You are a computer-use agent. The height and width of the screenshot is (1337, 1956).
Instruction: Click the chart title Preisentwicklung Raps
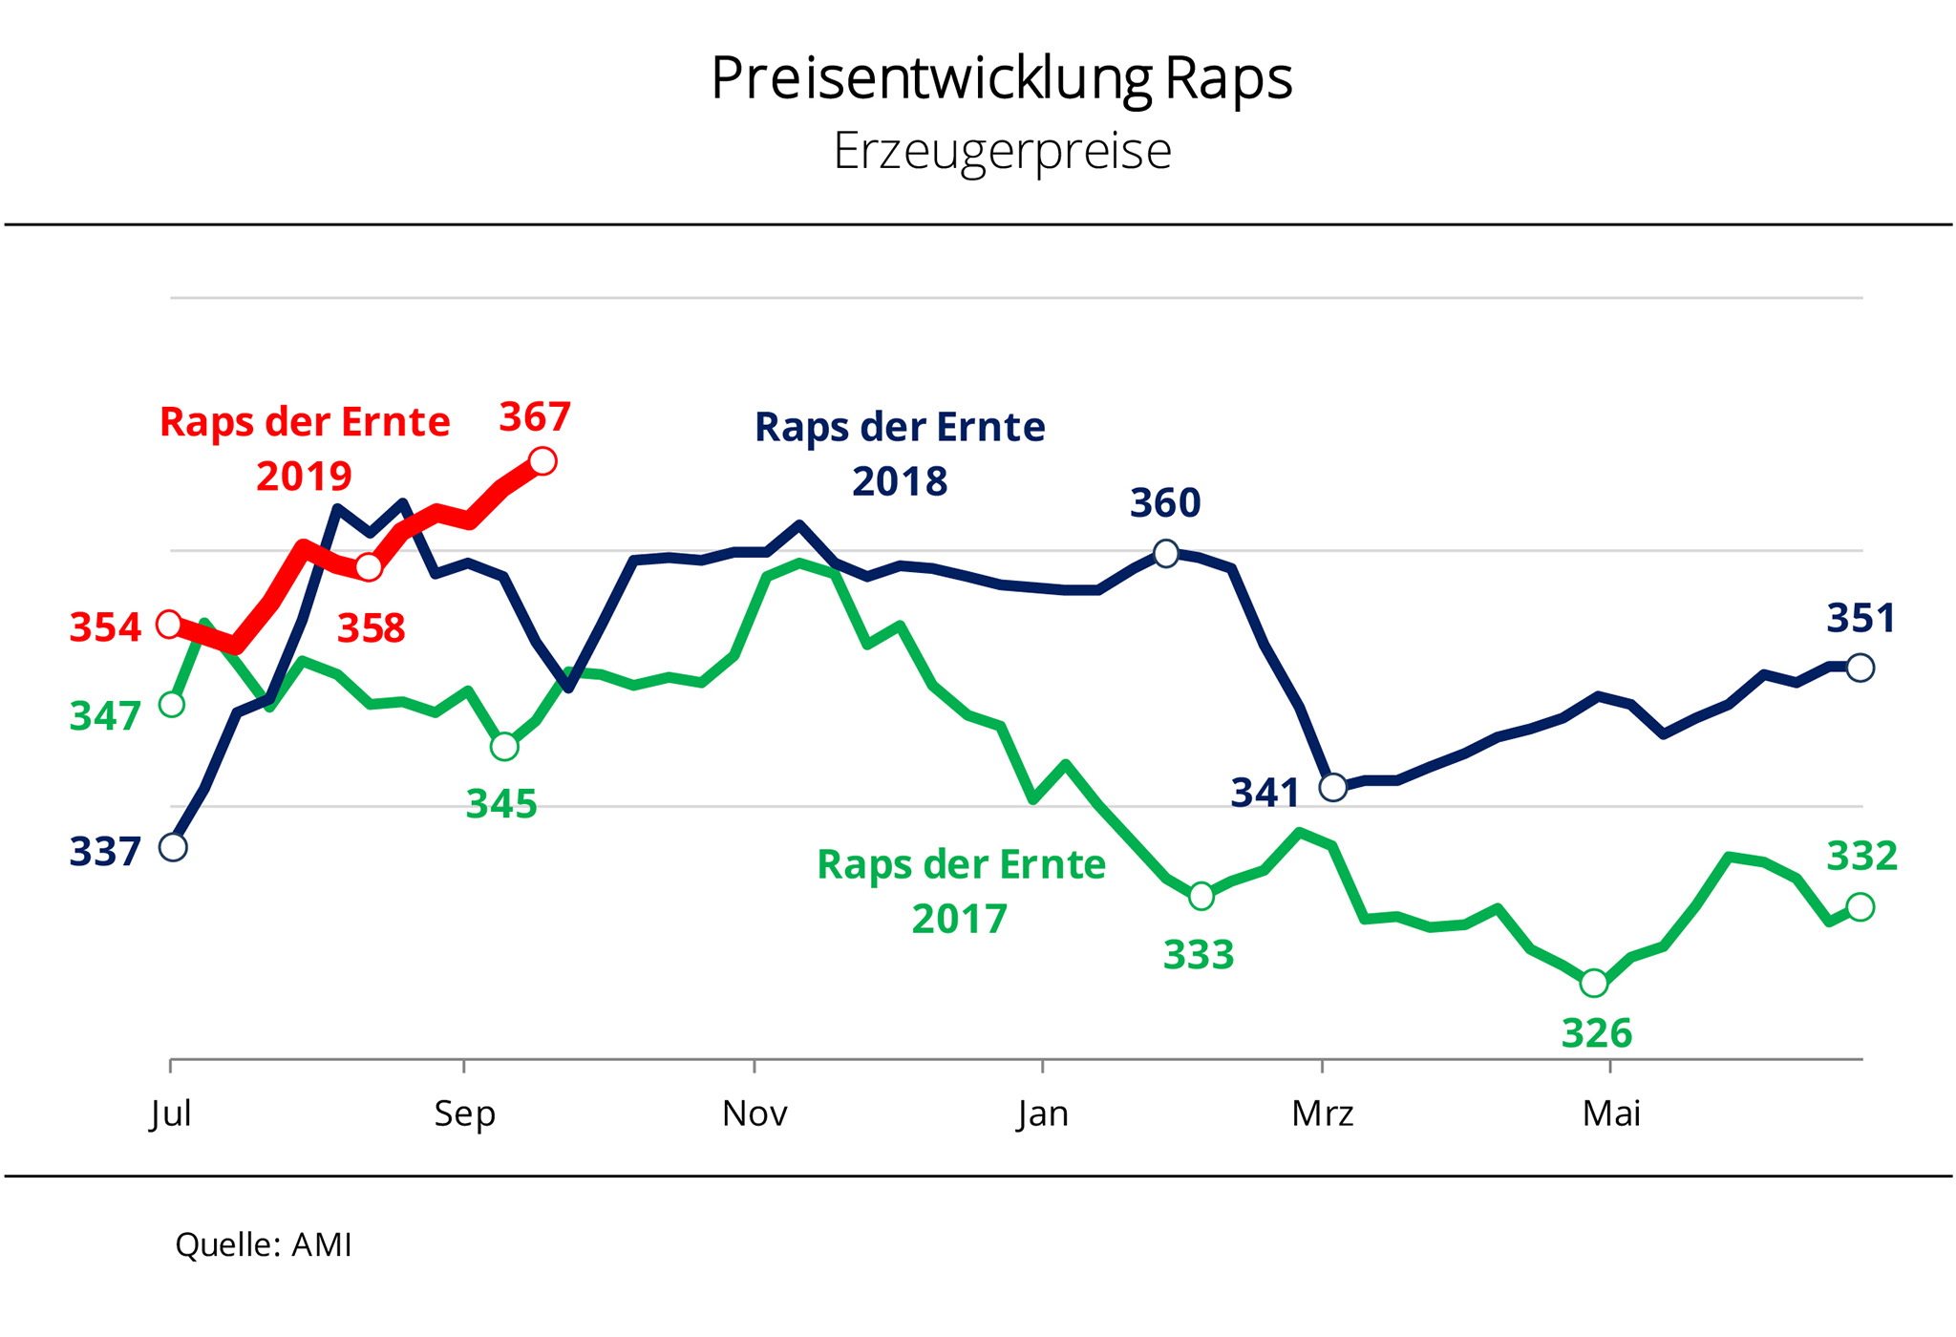coord(1001,78)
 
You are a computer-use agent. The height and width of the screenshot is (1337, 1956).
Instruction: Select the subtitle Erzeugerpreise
coord(1002,151)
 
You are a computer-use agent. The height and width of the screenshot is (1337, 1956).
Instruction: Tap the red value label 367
coord(535,417)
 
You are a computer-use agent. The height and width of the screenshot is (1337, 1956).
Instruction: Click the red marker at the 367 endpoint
coord(542,461)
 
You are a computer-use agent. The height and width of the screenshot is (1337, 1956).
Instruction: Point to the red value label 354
coord(105,627)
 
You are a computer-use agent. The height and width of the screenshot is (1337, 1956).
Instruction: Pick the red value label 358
coord(372,628)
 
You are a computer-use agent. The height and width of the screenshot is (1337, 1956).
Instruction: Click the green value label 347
coord(105,715)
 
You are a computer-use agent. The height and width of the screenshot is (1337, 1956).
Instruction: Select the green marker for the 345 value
coord(504,746)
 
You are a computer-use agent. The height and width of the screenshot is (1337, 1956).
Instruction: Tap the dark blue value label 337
coord(105,851)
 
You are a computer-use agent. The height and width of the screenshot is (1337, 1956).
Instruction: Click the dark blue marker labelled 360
coord(1166,553)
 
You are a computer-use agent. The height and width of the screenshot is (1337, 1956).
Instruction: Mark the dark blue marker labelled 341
coord(1332,787)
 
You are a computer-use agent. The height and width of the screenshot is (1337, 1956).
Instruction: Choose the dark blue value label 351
coord(1860,619)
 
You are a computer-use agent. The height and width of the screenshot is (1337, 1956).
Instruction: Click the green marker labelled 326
coord(1594,982)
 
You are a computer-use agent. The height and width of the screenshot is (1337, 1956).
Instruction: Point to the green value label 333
coord(1199,954)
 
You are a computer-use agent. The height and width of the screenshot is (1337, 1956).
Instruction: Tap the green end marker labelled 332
coord(1860,906)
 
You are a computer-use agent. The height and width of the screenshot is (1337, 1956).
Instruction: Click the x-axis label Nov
coord(755,1114)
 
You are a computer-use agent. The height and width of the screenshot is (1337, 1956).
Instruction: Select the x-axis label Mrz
coord(1323,1114)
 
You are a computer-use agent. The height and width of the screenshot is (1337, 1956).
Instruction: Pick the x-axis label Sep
coord(464,1114)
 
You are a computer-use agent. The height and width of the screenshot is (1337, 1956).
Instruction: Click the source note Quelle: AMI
coord(264,1244)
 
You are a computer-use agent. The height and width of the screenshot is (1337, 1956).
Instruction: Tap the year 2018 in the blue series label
coord(900,481)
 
